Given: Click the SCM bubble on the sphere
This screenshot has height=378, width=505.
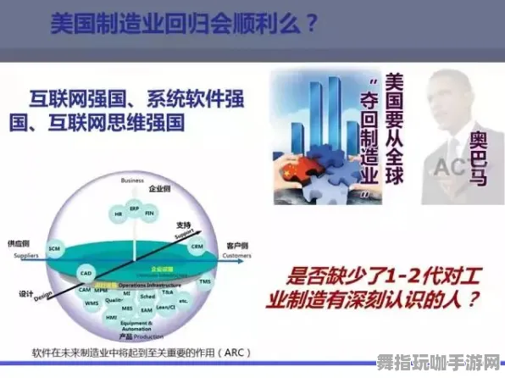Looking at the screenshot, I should pos(54,247).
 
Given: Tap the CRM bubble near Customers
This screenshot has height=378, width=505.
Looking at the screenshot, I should pos(197,247).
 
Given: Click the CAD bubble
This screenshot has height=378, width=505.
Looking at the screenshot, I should pos(86,274).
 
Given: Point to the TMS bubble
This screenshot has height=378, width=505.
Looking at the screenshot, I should pos(204,281).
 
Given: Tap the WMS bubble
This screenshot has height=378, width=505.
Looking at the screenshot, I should pos(92,302).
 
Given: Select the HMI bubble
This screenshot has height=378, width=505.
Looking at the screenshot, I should pos(110,315).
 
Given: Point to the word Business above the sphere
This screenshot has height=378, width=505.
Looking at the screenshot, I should pos(132,180).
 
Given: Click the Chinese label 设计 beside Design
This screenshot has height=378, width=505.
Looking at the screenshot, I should pos(26,293).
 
